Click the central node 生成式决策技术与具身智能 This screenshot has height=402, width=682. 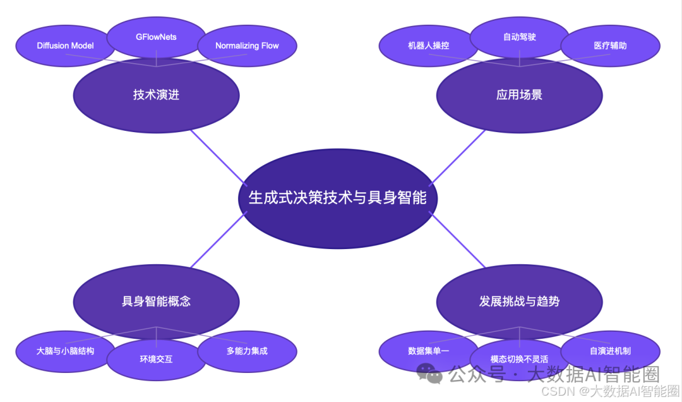click(337, 198)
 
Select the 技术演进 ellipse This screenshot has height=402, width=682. click(156, 95)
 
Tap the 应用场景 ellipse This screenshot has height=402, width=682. click(519, 95)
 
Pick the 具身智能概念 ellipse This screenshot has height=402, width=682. click(156, 301)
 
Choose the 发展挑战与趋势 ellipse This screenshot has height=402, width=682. click(519, 301)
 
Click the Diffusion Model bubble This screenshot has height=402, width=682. click(65, 46)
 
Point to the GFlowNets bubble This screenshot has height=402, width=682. click(156, 37)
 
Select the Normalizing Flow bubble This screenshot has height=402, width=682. click(247, 46)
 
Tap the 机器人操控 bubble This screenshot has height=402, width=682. click(428, 46)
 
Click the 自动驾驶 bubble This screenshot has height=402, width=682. click(519, 37)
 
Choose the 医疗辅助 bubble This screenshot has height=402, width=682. click(610, 46)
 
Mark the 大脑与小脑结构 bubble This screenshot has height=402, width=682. click(65, 351)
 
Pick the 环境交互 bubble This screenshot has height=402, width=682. click(156, 360)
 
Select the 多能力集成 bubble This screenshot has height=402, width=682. click(247, 351)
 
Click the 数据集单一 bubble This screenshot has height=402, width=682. click(428, 351)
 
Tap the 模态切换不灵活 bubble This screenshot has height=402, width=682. click(519, 360)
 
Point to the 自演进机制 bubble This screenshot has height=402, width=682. click(610, 351)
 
